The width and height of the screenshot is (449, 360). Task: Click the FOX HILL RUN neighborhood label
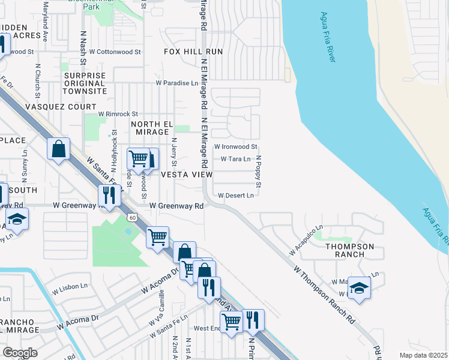point(193,52)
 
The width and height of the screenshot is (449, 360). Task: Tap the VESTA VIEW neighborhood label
point(186,175)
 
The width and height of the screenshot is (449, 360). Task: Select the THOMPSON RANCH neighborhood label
point(349,250)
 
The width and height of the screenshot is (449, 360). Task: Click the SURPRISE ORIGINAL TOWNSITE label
point(85,83)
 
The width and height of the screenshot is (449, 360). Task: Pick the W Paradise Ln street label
point(176,83)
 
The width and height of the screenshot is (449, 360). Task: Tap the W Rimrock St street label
point(118,113)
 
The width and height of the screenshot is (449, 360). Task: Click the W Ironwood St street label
point(236,146)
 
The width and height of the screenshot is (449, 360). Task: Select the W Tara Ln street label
point(235,159)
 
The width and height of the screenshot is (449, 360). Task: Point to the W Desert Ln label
point(236,195)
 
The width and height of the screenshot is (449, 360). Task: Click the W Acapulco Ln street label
point(304,241)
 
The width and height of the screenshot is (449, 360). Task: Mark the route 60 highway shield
point(132,217)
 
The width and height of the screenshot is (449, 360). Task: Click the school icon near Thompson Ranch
point(359,289)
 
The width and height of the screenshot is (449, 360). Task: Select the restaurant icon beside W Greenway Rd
point(109,195)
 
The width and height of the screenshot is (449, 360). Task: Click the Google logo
point(20,353)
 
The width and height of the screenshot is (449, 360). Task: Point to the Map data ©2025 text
point(424,355)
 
